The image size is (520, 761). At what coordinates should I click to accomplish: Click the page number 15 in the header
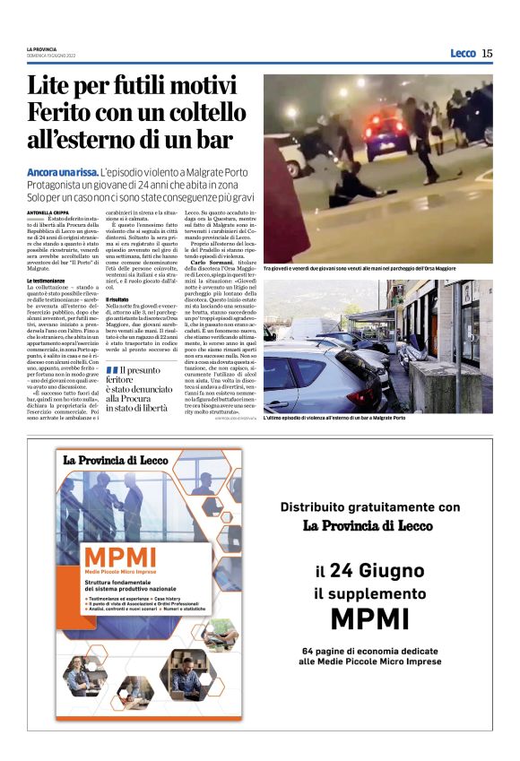(x=487, y=54)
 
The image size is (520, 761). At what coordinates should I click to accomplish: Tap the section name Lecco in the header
(x=463, y=54)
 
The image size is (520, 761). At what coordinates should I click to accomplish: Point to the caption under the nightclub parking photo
(x=377, y=267)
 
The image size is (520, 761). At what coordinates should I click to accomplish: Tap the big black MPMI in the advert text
(x=369, y=619)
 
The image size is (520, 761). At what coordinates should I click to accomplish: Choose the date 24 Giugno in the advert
(x=377, y=571)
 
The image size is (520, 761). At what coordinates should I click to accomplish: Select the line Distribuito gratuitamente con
(x=369, y=506)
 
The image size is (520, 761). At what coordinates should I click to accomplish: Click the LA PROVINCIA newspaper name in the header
(x=42, y=48)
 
